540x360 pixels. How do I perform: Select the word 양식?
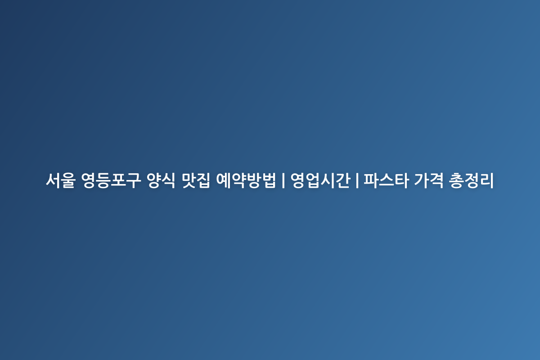click(x=161, y=181)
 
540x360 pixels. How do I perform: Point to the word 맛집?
click(x=195, y=181)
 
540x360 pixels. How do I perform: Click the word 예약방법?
click(x=246, y=181)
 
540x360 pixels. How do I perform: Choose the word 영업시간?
click(x=320, y=181)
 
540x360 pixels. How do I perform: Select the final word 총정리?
click(x=472, y=181)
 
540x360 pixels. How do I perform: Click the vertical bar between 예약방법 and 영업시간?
click(x=283, y=181)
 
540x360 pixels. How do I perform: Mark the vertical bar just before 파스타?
click(x=357, y=181)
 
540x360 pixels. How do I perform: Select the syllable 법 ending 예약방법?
click(x=269, y=181)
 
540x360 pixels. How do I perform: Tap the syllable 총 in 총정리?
click(x=456, y=181)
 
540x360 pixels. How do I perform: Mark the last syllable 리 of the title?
click(x=487, y=181)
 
